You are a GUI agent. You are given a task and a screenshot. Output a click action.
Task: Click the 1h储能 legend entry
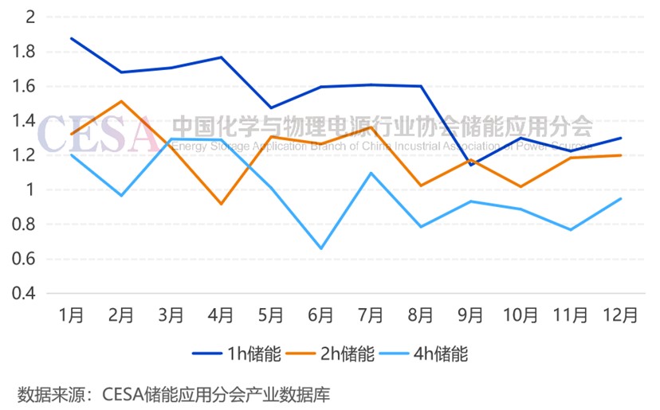237,353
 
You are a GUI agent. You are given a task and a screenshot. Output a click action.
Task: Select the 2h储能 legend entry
329,353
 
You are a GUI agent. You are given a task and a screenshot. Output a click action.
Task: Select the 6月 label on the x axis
321,314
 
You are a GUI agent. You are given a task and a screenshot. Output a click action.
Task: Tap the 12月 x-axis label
621,314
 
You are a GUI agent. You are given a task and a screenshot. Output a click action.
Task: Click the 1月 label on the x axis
72,314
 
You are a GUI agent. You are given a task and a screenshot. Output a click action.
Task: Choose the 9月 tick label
471,314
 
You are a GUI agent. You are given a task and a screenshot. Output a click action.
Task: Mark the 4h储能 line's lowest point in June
321,248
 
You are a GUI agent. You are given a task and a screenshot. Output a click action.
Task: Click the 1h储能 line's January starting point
72,38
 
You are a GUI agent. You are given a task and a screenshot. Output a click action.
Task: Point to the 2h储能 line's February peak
121,101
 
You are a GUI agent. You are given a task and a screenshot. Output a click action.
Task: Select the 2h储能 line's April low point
221,204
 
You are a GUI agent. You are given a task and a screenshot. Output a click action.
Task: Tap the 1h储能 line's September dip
471,165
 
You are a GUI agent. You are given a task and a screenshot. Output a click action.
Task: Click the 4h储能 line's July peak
371,173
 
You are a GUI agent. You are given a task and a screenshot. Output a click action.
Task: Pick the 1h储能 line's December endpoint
621,138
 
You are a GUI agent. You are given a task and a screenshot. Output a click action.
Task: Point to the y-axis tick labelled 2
30,18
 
